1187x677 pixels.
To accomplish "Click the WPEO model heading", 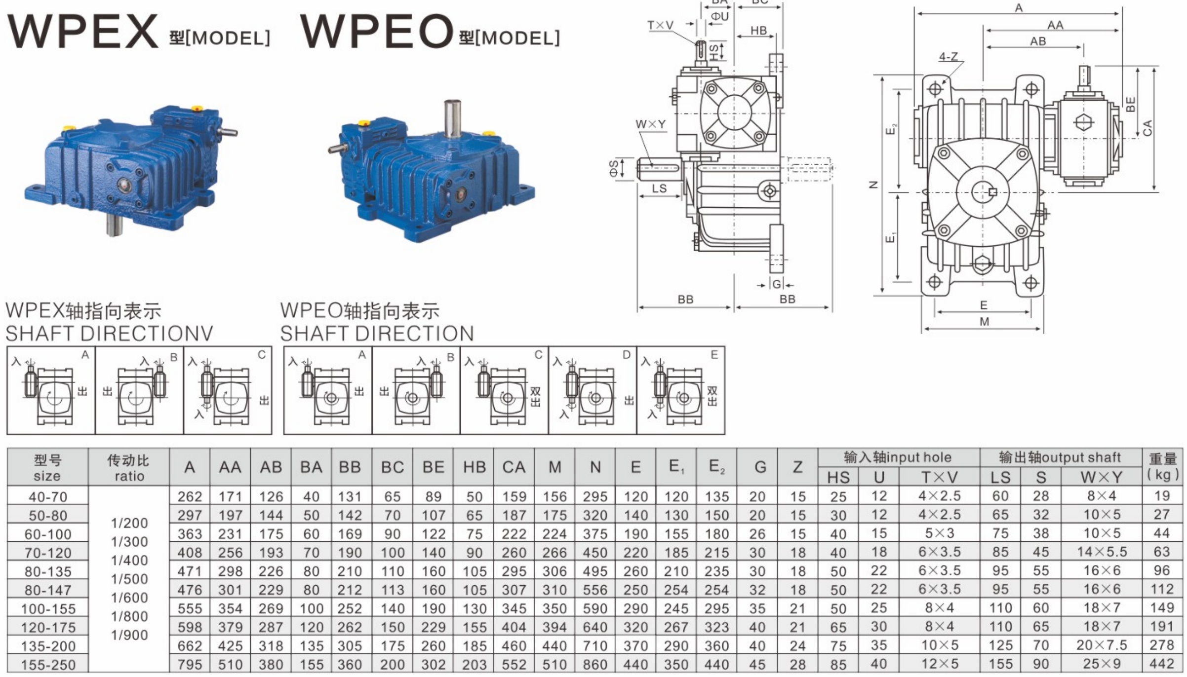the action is click(430, 31).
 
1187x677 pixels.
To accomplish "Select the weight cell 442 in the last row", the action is click(1162, 664).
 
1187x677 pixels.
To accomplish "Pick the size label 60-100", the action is click(48, 534).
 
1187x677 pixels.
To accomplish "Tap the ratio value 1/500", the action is click(129, 579).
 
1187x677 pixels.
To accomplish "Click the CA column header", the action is click(514, 467).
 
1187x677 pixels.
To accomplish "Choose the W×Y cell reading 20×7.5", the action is click(1102, 645).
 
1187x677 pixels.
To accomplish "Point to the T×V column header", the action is click(939, 477).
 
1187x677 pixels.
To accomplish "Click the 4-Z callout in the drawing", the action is click(948, 57).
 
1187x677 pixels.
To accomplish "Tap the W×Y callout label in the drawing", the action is click(650, 124).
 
